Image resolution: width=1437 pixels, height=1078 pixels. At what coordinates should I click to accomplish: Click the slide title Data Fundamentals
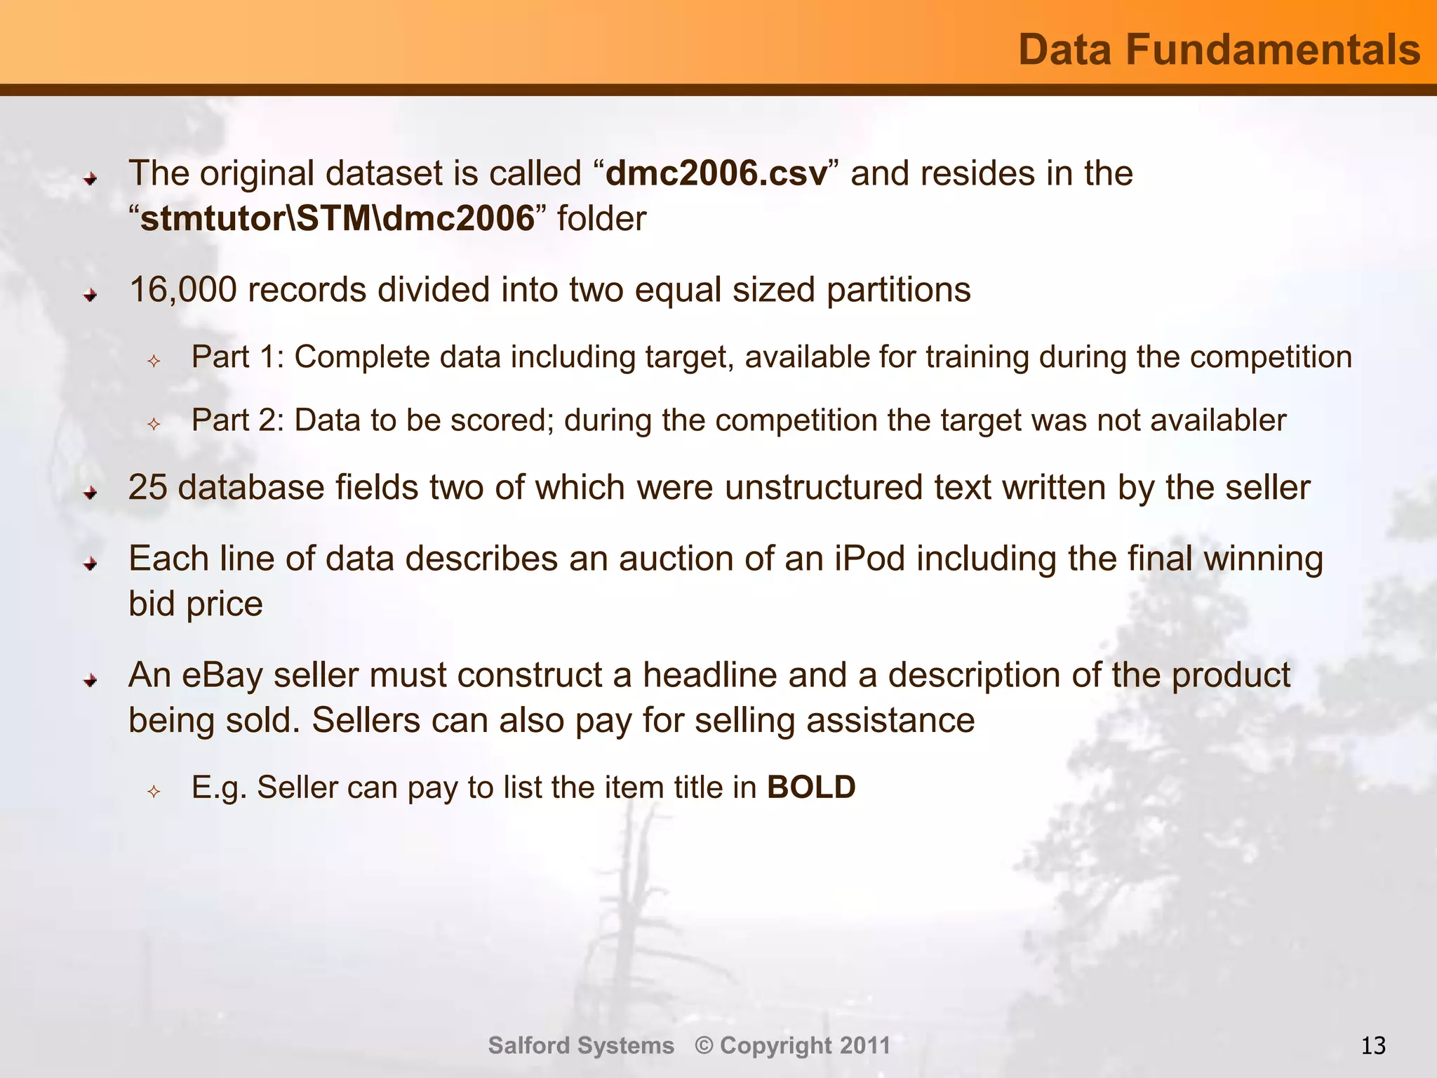[x=1219, y=50]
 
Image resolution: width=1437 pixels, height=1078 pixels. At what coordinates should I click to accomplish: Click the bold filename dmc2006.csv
[x=716, y=173]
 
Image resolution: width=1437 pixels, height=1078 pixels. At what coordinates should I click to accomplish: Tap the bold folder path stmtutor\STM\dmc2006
[x=337, y=219]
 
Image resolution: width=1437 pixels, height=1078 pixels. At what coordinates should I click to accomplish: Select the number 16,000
[x=183, y=290]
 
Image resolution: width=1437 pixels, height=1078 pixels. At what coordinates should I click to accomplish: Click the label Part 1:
[x=238, y=357]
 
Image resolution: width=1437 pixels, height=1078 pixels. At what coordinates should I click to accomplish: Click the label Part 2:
[x=238, y=420]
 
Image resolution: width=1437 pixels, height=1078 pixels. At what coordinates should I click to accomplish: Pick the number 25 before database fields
[x=148, y=488]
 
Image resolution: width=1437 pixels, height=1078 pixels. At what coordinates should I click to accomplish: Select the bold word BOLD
[x=811, y=787]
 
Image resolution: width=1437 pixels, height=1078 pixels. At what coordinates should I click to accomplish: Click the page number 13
[x=1373, y=1046]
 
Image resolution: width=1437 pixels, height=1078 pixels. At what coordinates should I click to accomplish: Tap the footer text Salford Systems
[x=581, y=1046]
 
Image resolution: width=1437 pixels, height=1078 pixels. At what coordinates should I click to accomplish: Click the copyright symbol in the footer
[x=704, y=1046]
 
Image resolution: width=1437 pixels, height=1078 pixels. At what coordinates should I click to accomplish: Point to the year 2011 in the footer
[x=865, y=1046]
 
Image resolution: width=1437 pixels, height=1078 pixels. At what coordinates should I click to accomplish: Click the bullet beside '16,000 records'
[x=90, y=295]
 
